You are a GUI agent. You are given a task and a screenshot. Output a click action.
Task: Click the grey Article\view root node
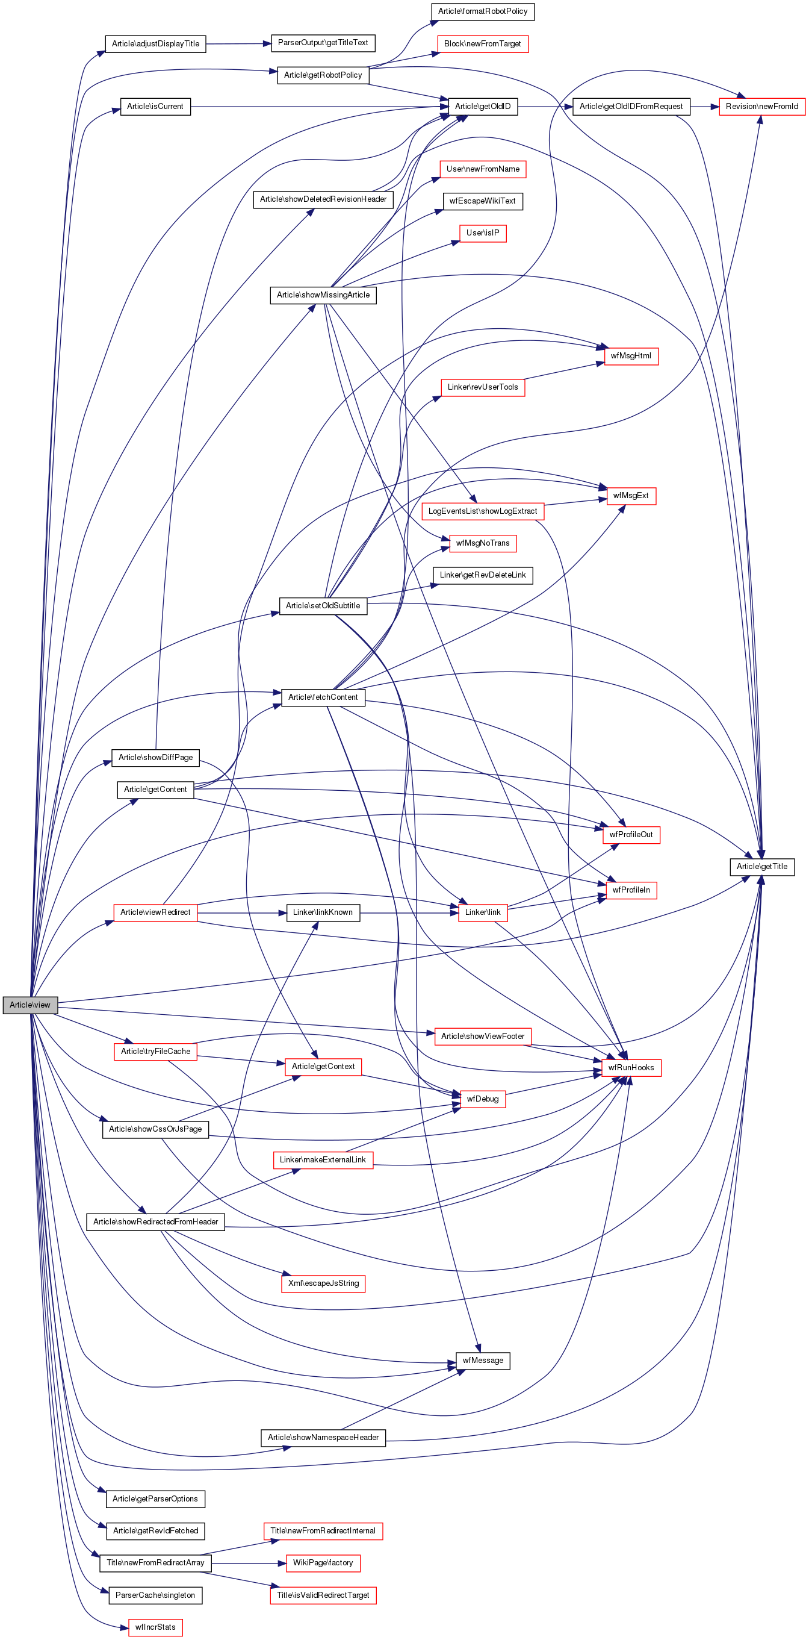(30, 1005)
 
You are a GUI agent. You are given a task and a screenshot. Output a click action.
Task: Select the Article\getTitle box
(761, 867)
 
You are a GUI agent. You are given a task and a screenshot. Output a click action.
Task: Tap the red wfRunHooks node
(631, 1068)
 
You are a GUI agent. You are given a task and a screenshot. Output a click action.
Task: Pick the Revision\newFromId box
(761, 107)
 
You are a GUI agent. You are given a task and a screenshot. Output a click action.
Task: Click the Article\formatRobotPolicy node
(483, 11)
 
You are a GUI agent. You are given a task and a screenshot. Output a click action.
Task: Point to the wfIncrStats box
(155, 1627)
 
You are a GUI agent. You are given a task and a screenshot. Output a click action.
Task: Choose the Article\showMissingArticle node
(323, 295)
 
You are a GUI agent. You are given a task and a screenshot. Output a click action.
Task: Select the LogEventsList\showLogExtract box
(483, 511)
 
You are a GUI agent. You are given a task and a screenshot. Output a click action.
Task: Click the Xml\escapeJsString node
(323, 1283)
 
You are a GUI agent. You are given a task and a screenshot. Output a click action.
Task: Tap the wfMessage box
(483, 1361)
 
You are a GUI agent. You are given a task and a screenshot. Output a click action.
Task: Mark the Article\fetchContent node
(323, 697)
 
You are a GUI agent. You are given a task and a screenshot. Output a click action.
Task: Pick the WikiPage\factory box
(323, 1563)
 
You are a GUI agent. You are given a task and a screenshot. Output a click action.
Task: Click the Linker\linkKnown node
(323, 912)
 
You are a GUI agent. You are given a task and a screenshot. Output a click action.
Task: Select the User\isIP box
(483, 233)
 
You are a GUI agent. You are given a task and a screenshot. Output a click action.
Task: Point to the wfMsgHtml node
(631, 356)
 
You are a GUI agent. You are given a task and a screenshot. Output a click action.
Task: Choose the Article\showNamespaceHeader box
(323, 1438)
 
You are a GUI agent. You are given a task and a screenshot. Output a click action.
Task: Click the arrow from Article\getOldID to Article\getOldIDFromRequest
(545, 107)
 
